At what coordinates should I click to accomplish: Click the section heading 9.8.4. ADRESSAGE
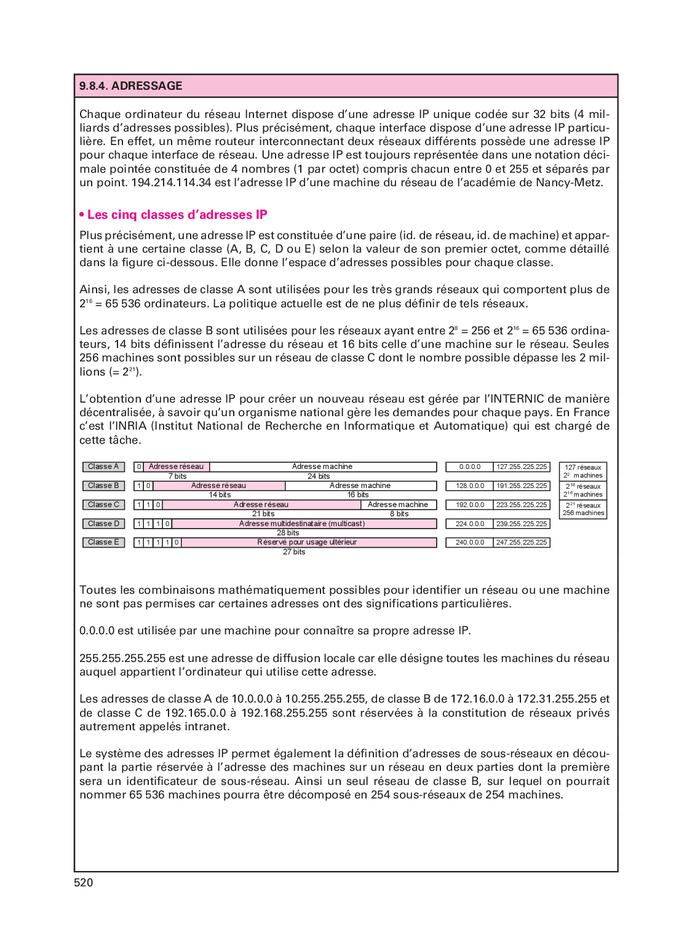pos(130,86)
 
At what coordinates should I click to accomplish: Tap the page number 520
pos(84,883)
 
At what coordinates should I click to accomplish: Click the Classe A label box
pos(103,467)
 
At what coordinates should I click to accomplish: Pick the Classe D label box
pos(103,524)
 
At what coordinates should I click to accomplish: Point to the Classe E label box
pos(103,542)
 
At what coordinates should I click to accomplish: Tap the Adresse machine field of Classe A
pos(323,467)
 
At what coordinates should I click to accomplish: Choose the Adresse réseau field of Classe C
pos(261,505)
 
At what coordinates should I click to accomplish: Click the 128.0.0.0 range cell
pos(469,486)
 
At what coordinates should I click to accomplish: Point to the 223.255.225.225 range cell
pos(522,505)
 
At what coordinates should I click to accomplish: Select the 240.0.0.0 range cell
pos(469,542)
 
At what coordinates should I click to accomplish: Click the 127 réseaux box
pos(583,471)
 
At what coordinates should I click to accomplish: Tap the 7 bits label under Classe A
pos(177,476)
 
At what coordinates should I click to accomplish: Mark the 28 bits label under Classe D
pos(287,533)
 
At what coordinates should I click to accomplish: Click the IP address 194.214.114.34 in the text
pos(171,183)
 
